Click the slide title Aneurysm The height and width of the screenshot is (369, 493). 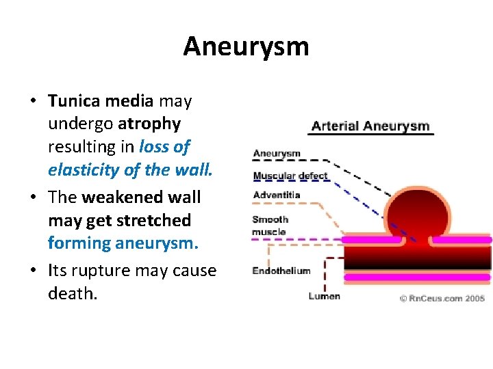(x=246, y=46)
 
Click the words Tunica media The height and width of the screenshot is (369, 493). (x=100, y=101)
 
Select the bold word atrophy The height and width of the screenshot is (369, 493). (x=149, y=124)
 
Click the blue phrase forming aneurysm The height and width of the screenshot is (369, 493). (x=123, y=243)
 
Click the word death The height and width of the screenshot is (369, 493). (x=72, y=293)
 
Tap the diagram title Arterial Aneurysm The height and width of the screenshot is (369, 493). (x=370, y=126)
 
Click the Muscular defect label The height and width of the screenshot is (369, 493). (x=290, y=176)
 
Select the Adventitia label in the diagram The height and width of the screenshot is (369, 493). (x=277, y=195)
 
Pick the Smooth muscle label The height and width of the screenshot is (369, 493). (x=270, y=225)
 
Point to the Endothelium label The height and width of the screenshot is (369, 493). (x=281, y=271)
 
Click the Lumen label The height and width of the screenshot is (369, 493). (x=324, y=296)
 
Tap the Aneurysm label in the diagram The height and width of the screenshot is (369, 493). (x=277, y=154)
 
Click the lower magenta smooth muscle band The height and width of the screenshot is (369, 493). (x=417, y=277)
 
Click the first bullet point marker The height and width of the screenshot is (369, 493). (x=33, y=102)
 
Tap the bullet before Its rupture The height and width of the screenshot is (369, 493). (x=33, y=271)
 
